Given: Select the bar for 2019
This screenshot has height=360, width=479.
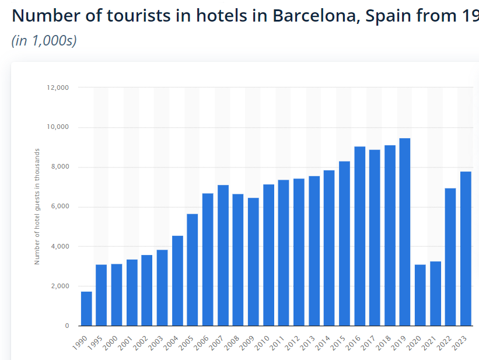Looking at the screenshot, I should point(405,232).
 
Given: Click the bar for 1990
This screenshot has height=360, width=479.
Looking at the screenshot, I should point(86,308).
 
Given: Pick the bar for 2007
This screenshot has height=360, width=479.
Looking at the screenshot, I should point(223,255).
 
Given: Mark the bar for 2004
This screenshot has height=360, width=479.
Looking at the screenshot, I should point(177,280).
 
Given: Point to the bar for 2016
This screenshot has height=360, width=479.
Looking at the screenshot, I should point(359,236).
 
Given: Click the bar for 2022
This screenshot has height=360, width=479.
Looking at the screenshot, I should point(450,257).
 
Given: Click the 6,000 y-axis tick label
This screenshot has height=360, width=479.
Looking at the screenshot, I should point(60,207).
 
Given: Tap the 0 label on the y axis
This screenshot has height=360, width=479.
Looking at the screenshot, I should point(67,326).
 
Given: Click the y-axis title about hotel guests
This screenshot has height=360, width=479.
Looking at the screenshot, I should point(37,207).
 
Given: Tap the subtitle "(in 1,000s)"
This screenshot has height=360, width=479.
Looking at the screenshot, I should point(44,41).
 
